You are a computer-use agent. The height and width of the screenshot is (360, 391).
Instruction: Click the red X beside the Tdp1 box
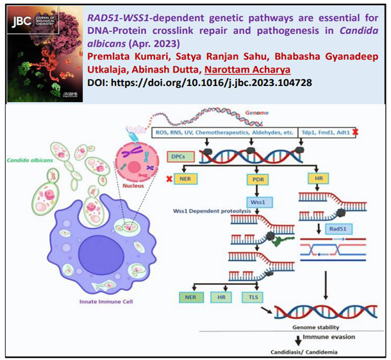[x=373, y=132]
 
